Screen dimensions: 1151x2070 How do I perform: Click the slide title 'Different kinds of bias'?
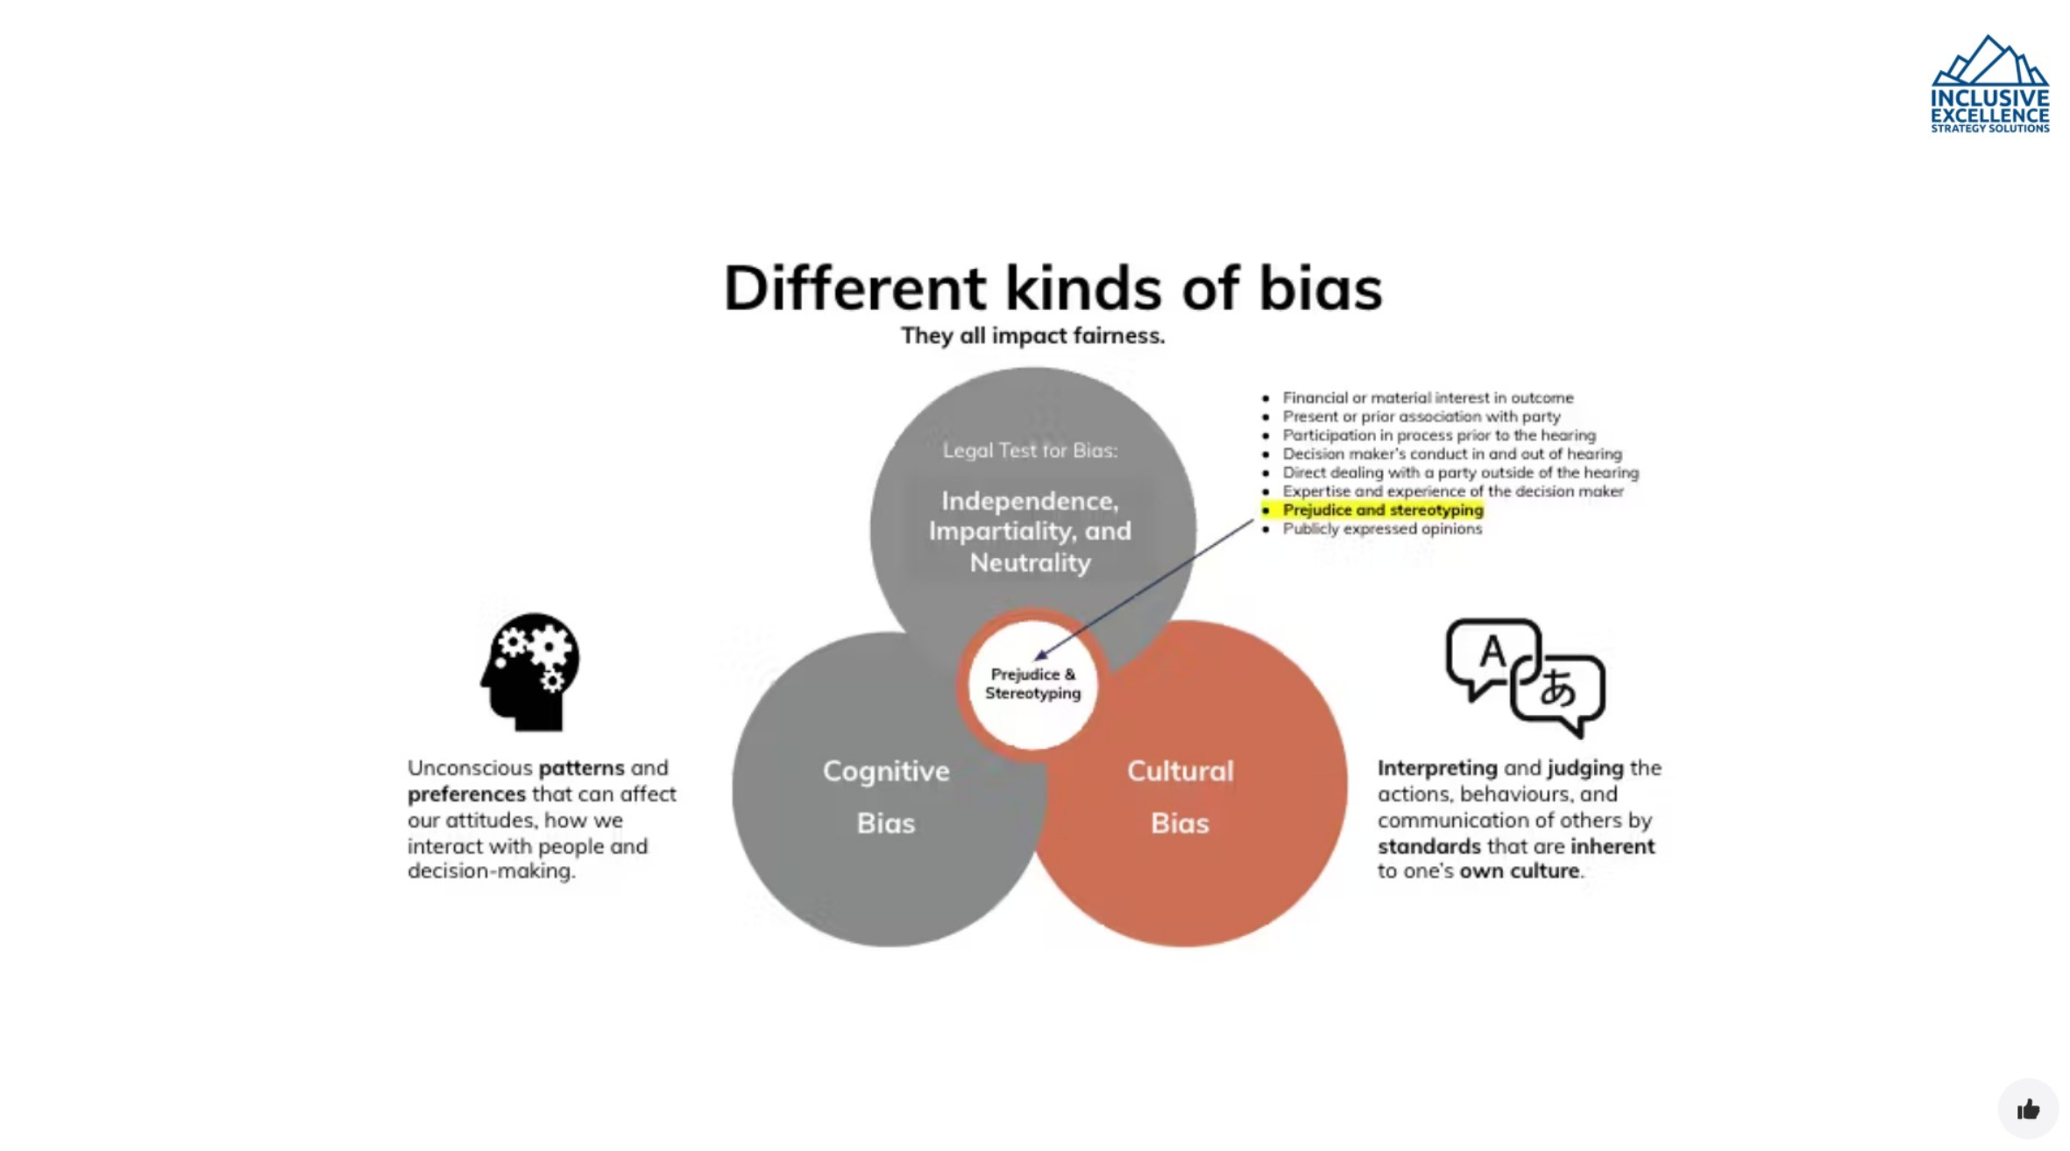pos(1052,288)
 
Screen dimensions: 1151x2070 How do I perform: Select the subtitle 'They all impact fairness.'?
pos(1032,335)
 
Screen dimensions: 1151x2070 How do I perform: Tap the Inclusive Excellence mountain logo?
pos(1989,84)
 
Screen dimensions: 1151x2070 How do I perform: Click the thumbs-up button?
pos(2028,1110)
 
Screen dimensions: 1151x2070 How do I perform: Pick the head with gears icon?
pos(530,672)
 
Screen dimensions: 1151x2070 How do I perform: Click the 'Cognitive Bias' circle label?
pos(885,796)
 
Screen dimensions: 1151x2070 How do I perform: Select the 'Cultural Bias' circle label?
pos(1180,796)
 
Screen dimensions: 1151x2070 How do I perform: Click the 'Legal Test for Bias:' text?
pos(1030,450)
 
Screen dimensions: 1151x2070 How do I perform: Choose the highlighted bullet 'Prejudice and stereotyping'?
pos(1382,510)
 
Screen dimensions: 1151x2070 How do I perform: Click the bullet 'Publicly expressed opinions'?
pos(1382,529)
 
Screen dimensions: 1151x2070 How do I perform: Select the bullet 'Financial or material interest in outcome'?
pos(1428,398)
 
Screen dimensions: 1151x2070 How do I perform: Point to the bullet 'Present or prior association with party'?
pos(1421,416)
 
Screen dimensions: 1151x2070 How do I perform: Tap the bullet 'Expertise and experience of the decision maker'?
pos(1452,491)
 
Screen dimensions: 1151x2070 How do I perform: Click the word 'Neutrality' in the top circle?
pos(1030,562)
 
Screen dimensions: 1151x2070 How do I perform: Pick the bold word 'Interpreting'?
pos(1436,768)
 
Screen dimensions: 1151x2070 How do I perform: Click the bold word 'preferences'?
pos(466,794)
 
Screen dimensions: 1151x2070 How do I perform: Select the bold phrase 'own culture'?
pos(1519,872)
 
